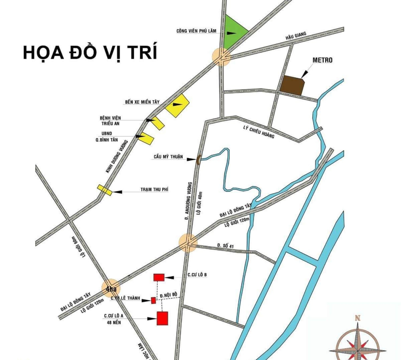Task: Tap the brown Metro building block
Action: [292, 85]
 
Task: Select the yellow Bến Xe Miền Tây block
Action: [177, 105]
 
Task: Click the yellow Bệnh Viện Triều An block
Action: [158, 123]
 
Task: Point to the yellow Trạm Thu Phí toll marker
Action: [104, 190]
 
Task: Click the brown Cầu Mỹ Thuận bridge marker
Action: [198, 160]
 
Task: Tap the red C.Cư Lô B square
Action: [159, 277]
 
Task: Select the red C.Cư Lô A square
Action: [162, 318]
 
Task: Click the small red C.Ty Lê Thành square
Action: [153, 300]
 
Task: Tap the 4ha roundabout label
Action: [111, 289]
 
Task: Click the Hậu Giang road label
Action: [296, 36]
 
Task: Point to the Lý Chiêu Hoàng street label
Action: [259, 132]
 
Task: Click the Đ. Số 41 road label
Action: [225, 245]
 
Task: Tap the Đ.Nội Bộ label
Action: [168, 295]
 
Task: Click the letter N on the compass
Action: [357, 318]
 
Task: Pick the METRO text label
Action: [322, 60]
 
